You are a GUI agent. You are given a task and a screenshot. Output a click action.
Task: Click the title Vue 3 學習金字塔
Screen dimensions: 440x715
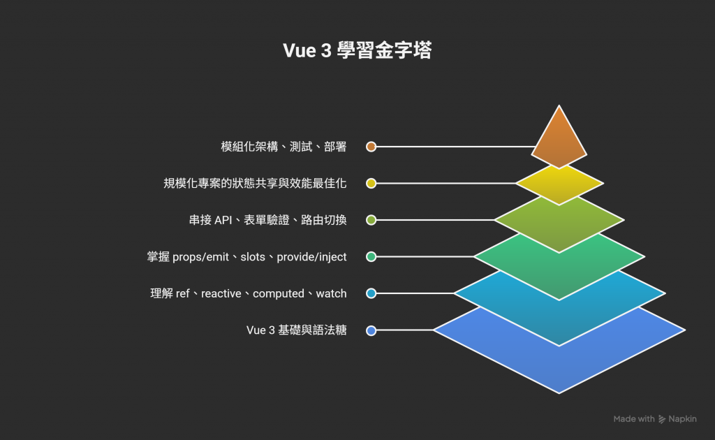(x=357, y=51)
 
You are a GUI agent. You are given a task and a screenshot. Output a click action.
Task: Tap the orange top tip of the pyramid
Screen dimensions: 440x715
(x=559, y=140)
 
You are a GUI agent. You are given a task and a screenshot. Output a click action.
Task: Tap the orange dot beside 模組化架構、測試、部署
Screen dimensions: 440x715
(x=371, y=147)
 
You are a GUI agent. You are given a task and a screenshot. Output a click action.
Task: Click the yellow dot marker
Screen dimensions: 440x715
(x=371, y=183)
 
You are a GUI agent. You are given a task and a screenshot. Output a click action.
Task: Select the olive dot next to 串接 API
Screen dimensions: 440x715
(x=371, y=220)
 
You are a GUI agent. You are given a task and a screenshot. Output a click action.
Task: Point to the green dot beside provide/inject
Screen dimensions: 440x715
(x=371, y=257)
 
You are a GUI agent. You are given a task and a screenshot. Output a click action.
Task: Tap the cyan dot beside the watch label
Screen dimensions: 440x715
(x=371, y=293)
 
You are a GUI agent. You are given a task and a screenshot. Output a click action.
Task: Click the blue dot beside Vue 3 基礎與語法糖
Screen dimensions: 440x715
(x=371, y=330)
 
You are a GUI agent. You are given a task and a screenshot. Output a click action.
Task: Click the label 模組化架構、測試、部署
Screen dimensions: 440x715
(x=283, y=147)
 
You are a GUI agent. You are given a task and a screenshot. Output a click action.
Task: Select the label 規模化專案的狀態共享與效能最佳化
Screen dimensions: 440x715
(x=255, y=183)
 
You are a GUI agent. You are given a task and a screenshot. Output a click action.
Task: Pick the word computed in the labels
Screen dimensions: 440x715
(x=278, y=293)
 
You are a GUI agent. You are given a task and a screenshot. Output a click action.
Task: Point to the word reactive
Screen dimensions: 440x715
(x=221, y=293)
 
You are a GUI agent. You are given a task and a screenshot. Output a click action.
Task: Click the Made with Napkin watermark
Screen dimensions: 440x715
(x=654, y=419)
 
